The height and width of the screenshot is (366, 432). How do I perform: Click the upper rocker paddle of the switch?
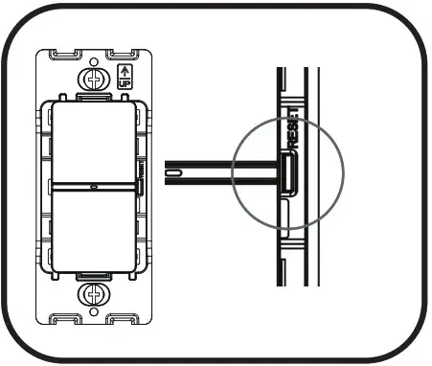(93, 140)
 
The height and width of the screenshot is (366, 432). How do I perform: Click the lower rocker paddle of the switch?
(93, 229)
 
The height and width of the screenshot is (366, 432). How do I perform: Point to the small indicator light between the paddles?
(93, 186)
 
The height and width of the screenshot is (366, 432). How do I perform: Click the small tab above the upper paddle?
(93, 96)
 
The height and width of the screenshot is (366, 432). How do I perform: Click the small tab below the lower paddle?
(94, 274)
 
